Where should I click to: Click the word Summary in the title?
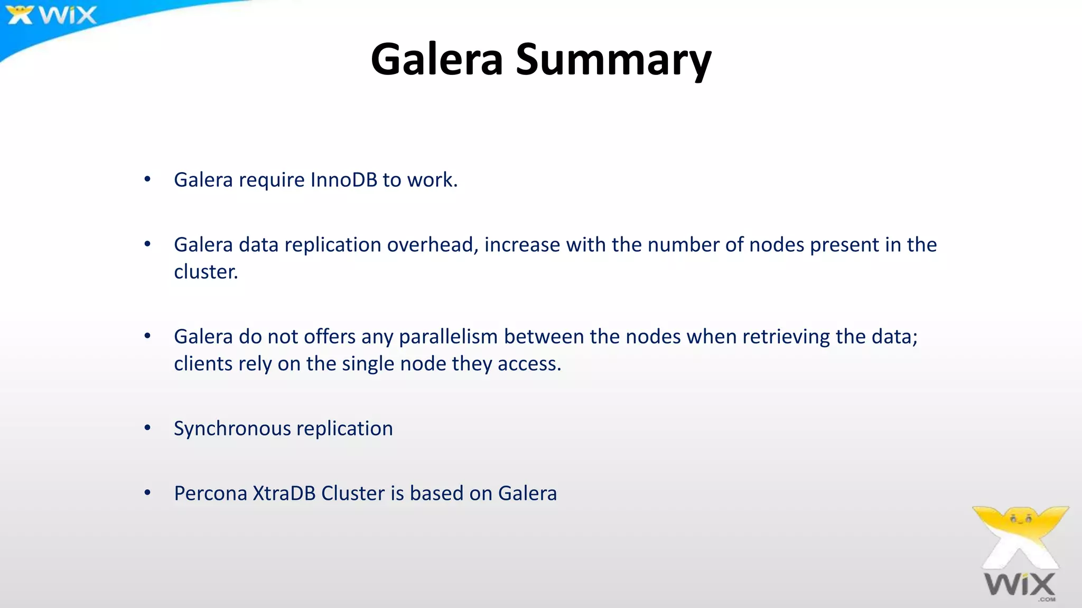(x=613, y=60)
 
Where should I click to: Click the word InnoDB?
(x=343, y=180)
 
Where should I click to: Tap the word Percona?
(x=210, y=493)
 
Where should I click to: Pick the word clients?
(x=203, y=364)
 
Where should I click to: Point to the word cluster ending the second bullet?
(x=206, y=272)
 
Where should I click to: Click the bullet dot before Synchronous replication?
(x=147, y=428)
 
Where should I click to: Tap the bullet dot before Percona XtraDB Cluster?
(x=147, y=493)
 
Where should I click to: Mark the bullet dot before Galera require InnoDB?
(x=147, y=179)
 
